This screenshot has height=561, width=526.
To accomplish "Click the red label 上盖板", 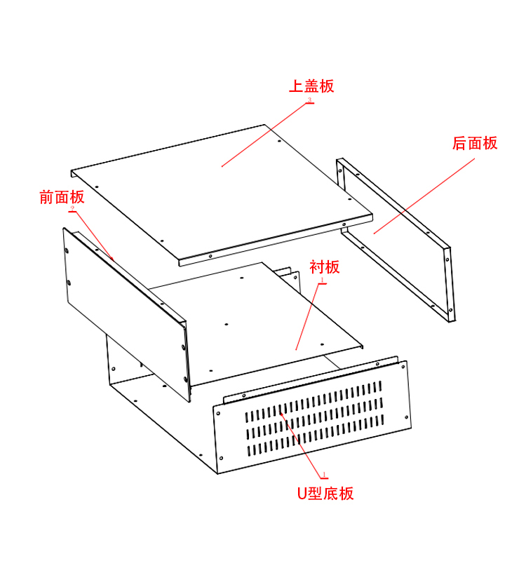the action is click(x=311, y=86).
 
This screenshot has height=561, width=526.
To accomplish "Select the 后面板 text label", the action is click(x=475, y=143).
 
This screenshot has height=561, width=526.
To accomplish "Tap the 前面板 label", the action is click(x=62, y=197).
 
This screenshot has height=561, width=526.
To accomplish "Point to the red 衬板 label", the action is click(x=325, y=267).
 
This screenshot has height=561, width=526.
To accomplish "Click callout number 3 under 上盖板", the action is click(x=309, y=101).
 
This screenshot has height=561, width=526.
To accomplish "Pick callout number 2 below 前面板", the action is click(x=72, y=208).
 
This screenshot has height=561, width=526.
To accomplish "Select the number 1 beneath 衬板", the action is click(x=322, y=280).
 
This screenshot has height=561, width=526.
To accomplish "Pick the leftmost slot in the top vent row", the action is click(x=246, y=417).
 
